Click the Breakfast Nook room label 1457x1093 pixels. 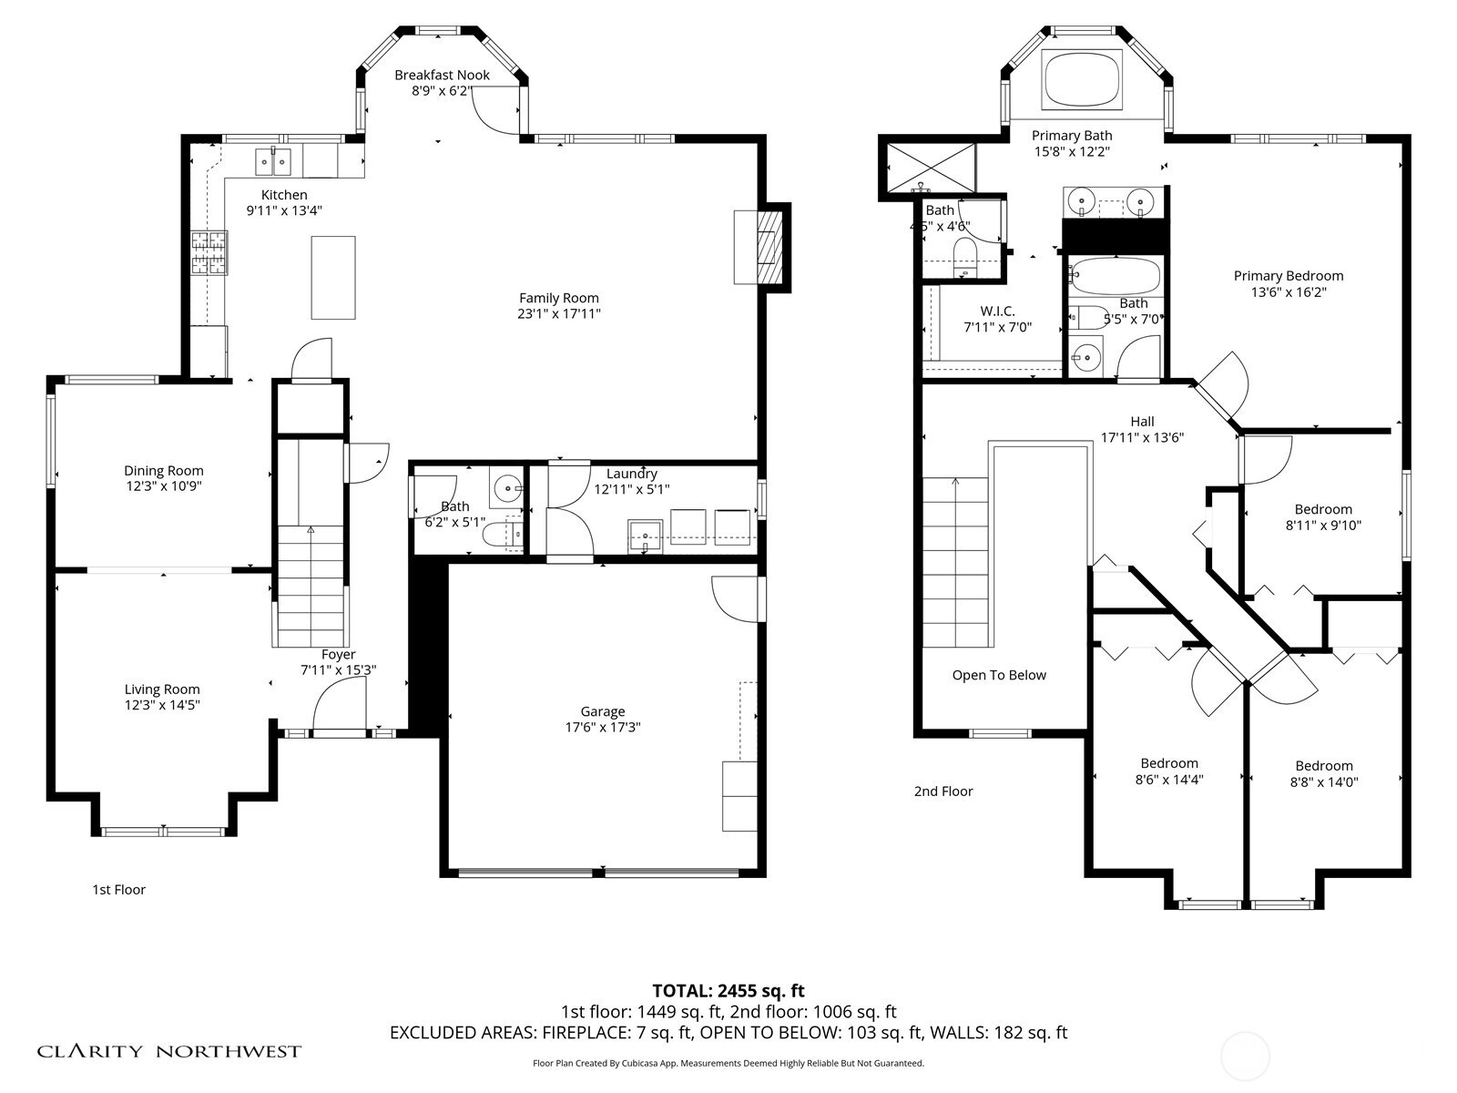click(x=442, y=75)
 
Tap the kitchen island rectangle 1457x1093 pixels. click(x=333, y=278)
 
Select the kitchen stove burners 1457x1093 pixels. click(x=209, y=252)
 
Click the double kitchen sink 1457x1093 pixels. click(x=273, y=161)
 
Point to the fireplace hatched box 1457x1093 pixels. click(x=769, y=248)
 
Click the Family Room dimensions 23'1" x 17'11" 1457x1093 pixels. click(x=559, y=314)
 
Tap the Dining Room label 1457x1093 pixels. click(x=164, y=471)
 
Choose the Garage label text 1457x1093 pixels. click(x=603, y=711)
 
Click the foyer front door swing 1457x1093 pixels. click(x=339, y=708)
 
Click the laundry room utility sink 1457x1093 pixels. click(x=646, y=536)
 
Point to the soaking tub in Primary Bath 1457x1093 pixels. click(x=1082, y=79)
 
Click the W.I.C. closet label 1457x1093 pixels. click(x=998, y=312)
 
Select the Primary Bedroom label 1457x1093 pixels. click(x=1289, y=275)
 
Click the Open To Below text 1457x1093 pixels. click(x=999, y=675)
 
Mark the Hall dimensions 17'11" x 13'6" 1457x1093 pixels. click(x=1142, y=437)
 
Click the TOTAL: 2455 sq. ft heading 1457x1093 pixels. click(x=728, y=991)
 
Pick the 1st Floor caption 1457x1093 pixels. click(x=118, y=889)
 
